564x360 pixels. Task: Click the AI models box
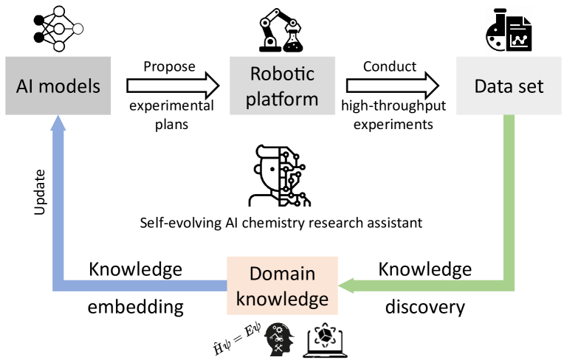[58, 86]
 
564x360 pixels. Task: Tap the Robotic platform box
[282, 86]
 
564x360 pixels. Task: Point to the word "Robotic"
[282, 75]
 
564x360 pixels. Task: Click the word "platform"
[282, 98]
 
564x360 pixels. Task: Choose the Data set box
[509, 86]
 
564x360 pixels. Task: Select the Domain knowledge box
[282, 286]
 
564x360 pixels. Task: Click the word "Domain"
[282, 274]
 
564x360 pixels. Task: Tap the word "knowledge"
[282, 299]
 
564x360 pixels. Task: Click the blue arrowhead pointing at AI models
[58, 125]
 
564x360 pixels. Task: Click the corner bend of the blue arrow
[59, 285]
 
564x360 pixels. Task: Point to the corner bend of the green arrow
[508, 285]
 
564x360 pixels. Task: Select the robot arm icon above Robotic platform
[281, 30]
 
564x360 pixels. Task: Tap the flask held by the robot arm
[293, 41]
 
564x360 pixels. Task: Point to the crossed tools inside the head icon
[279, 345]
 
